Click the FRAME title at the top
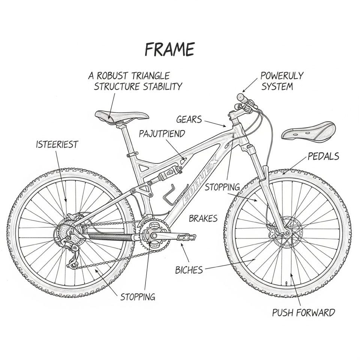tap(169, 49)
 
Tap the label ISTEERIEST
tap(57, 144)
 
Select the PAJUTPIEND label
tap(162, 133)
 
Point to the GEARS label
tap(189, 120)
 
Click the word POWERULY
tap(282, 76)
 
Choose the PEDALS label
tap(323, 156)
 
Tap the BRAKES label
tap(203, 218)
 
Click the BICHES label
tap(189, 270)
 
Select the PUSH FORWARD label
tap(303, 312)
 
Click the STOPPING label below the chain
tap(138, 297)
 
